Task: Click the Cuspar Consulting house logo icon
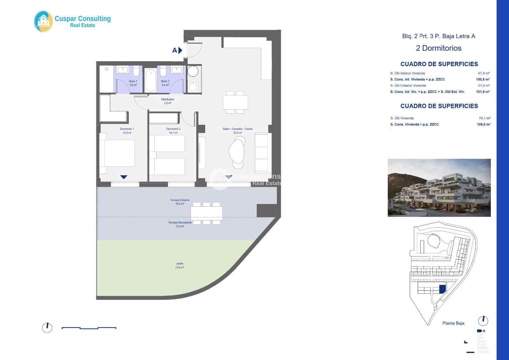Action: [44, 21]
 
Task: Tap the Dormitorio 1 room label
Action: [127, 129]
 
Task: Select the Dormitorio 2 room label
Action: [173, 129]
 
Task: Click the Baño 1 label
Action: [133, 81]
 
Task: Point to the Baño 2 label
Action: [165, 81]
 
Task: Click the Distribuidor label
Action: [167, 99]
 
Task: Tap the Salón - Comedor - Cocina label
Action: [238, 129]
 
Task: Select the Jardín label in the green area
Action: [180, 264]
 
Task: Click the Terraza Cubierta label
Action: [180, 200]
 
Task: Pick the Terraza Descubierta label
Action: [180, 222]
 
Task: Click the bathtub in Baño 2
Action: [150, 80]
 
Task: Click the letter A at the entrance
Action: [174, 50]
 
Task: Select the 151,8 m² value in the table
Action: [483, 92]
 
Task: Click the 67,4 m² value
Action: [484, 73]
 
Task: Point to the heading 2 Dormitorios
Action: [439, 48]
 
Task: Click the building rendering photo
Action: [439, 188]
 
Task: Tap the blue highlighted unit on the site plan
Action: [442, 289]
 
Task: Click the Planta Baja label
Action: [453, 323]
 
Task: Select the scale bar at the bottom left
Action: [89, 328]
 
